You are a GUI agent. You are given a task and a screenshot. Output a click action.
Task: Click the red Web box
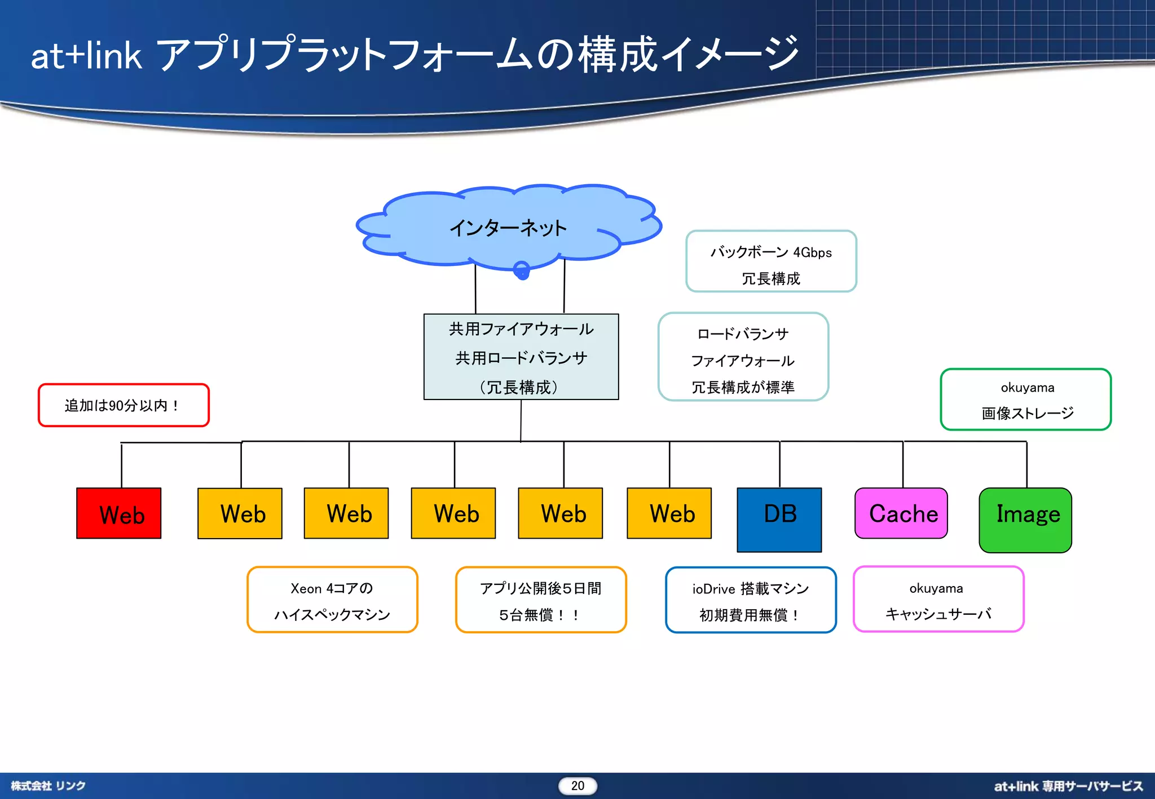pos(119,513)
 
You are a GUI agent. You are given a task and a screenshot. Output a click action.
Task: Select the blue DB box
pos(779,520)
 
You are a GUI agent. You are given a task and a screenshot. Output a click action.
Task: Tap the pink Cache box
pos(901,513)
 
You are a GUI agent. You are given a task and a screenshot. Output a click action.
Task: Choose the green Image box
pos(1025,520)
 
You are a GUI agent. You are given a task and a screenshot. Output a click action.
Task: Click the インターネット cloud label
pos(508,228)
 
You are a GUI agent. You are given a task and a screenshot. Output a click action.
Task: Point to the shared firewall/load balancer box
pos(521,357)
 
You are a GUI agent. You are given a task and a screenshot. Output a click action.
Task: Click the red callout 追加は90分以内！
pos(124,405)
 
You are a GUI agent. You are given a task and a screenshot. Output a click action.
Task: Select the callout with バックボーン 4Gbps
pos(771,261)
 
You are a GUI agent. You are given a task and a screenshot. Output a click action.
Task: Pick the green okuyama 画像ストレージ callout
pos(1026,399)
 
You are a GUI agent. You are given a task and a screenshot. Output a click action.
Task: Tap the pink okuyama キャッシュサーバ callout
pos(938,600)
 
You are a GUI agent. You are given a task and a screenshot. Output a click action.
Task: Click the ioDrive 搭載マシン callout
pos(751,600)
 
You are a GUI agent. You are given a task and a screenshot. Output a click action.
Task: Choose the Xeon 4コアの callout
pos(332,600)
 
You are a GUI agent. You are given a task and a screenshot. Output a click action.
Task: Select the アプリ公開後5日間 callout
pos(541,600)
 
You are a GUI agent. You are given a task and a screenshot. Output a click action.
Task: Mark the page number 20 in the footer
pos(577,785)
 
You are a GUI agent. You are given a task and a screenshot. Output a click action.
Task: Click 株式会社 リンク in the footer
pos(49,785)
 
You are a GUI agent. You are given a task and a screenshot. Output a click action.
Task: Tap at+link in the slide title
pos(86,56)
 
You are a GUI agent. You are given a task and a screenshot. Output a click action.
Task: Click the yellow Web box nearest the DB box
pos(669,513)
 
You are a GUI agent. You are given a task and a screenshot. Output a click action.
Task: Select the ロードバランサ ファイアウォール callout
pos(743,357)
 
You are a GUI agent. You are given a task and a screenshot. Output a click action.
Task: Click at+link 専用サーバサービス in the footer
pos(1068,786)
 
